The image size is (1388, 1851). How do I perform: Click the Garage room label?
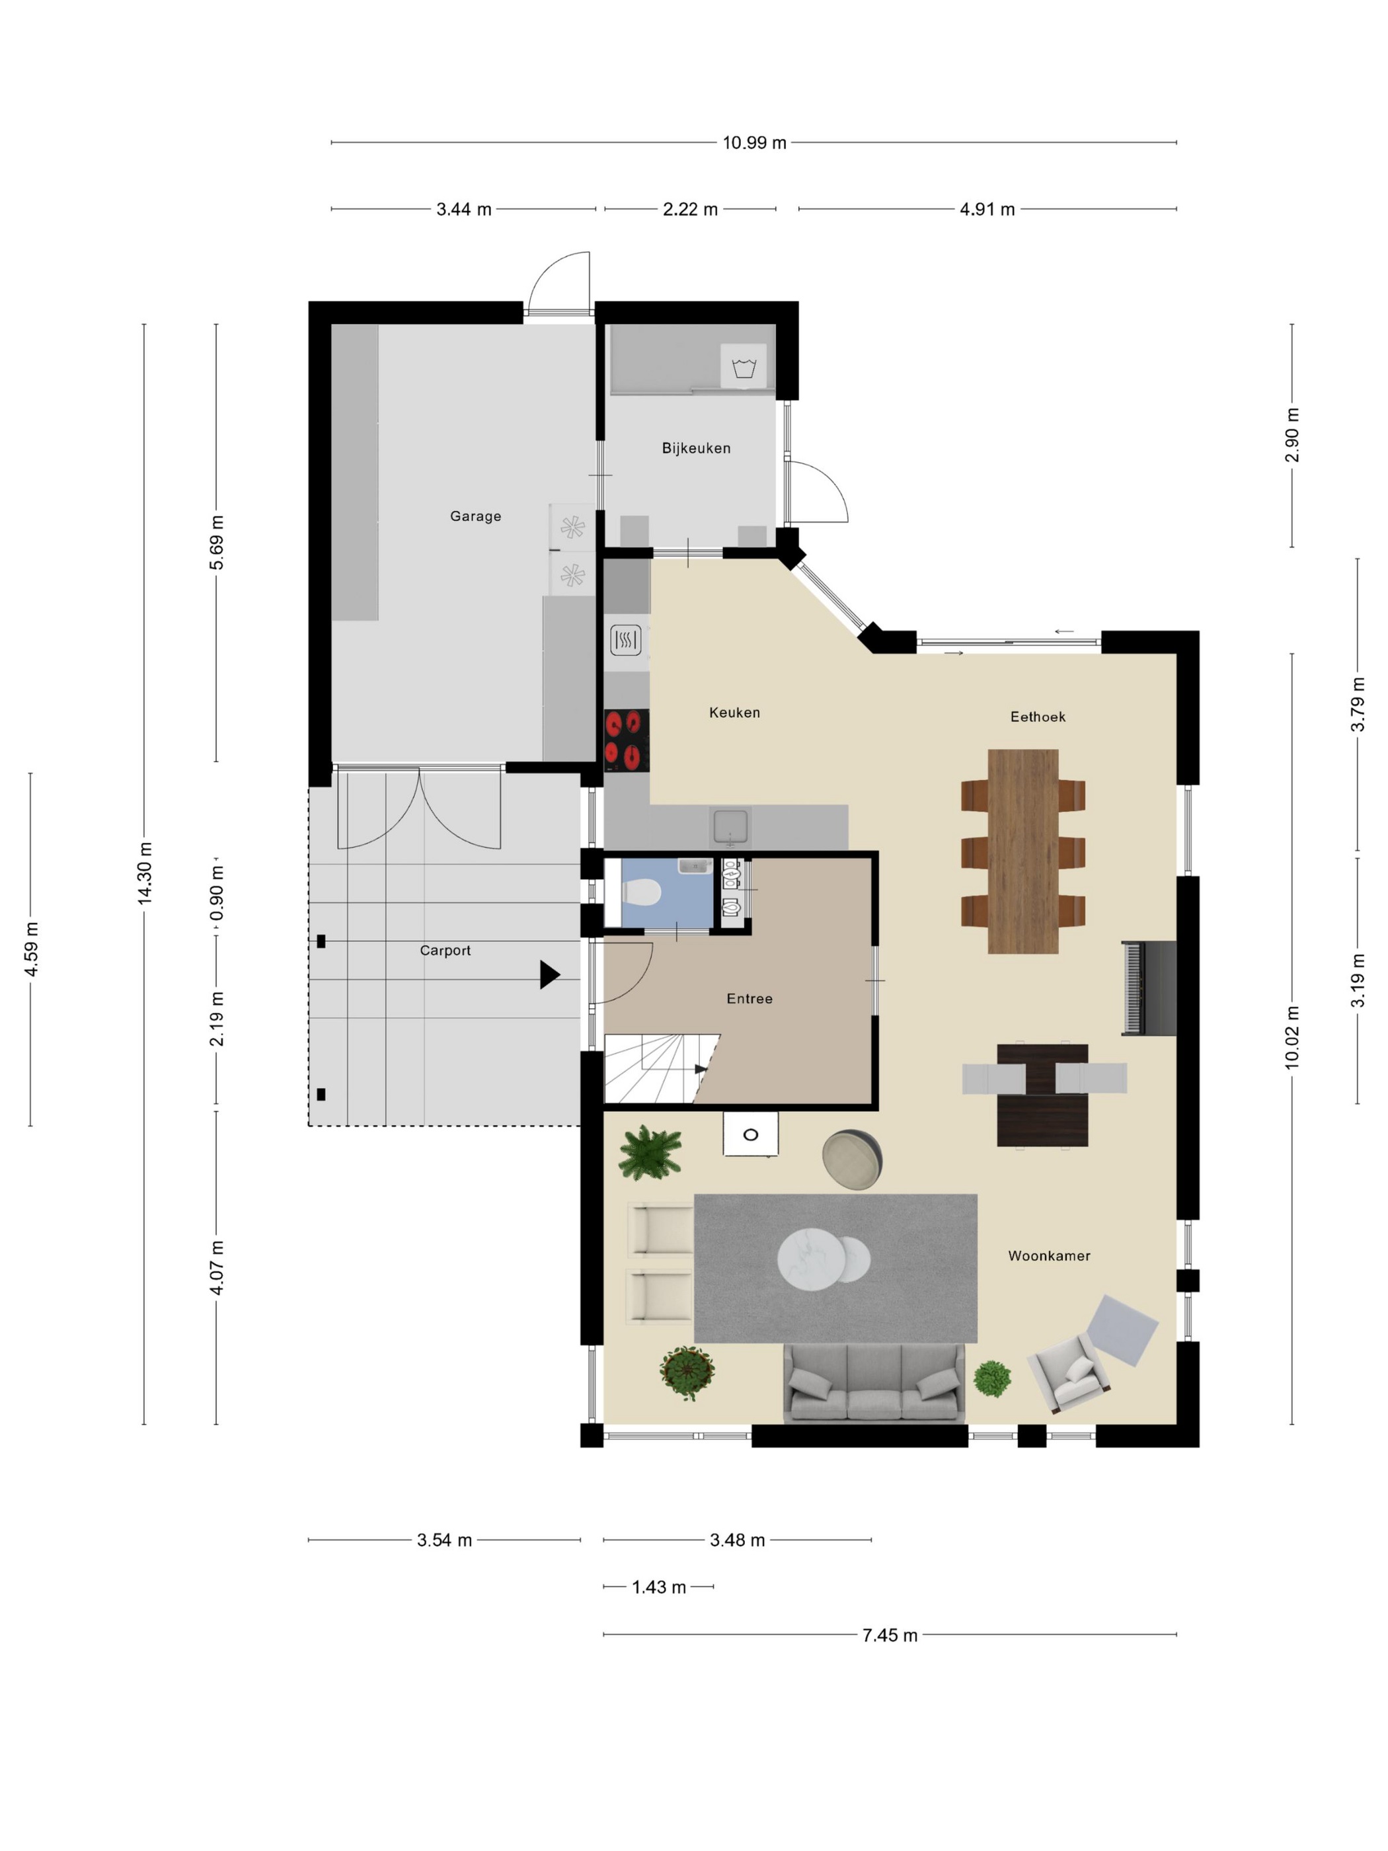coord(475,516)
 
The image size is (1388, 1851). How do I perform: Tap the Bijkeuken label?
coord(696,448)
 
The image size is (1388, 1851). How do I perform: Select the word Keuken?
coord(734,712)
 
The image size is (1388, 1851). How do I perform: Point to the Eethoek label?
coord(1038,717)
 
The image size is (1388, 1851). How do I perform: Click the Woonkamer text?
coord(1049,1255)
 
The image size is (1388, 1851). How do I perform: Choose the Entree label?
coord(750,998)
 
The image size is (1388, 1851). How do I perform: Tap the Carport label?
coord(445,951)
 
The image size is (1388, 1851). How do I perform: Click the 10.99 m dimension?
coord(755,142)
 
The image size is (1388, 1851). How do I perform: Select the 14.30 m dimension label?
coord(145,873)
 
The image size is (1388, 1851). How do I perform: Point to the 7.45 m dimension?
coord(890,1635)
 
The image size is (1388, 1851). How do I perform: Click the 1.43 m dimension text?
coord(659,1587)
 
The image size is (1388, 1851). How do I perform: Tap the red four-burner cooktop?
coord(627,740)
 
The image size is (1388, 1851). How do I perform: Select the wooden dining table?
coord(1022,851)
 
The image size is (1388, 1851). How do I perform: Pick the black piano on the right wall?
coord(1149,988)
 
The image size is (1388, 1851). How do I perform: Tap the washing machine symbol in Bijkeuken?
coord(744,366)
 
